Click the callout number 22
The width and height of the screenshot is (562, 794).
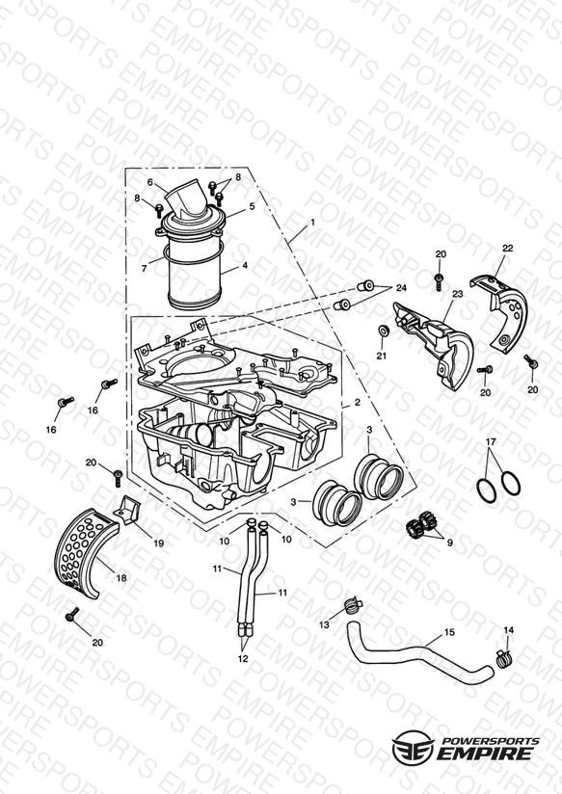(x=507, y=249)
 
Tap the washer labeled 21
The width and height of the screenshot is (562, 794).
(x=384, y=331)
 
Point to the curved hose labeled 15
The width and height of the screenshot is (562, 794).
(x=419, y=653)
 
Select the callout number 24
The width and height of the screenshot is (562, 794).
(x=401, y=288)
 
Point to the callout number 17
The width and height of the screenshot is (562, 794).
(x=490, y=441)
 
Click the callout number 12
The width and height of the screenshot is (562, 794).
(x=243, y=658)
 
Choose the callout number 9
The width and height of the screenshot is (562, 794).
(x=449, y=543)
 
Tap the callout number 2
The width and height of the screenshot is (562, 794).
(x=358, y=402)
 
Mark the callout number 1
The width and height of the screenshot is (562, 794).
(x=312, y=222)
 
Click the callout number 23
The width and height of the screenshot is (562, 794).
(x=457, y=294)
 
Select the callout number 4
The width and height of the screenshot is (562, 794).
(x=245, y=265)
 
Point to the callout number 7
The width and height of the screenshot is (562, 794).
(x=144, y=269)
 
